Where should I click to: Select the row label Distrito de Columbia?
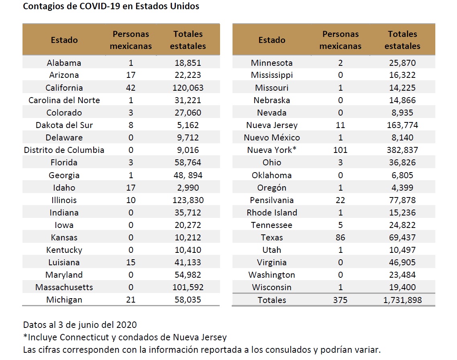(x=64, y=150)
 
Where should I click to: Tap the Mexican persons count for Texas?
(x=340, y=238)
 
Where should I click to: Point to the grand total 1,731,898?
(x=402, y=300)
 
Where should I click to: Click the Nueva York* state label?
(x=272, y=150)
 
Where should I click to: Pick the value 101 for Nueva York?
(x=340, y=150)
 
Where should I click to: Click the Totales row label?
(x=272, y=300)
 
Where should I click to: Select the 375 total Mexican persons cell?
(x=340, y=300)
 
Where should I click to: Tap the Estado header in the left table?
(x=64, y=40)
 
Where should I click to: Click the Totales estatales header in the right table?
(x=402, y=40)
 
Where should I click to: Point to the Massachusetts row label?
(x=64, y=287)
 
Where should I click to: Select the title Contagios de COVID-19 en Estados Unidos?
(x=111, y=7)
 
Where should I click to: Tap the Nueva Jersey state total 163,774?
(x=402, y=125)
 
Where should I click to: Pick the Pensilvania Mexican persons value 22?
(x=340, y=200)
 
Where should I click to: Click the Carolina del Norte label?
(x=64, y=100)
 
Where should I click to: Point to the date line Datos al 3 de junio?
(x=80, y=325)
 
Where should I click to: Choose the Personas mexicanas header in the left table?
(x=131, y=40)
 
